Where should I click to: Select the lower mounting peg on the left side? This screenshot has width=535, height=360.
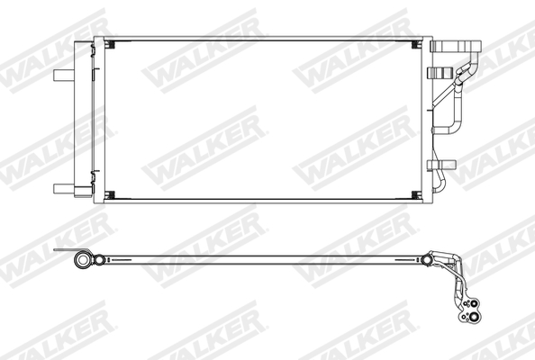click(x=64, y=187)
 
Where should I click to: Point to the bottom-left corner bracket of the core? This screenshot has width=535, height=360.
click(x=111, y=196)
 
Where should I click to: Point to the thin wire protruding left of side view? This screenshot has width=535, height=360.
click(x=63, y=253)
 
